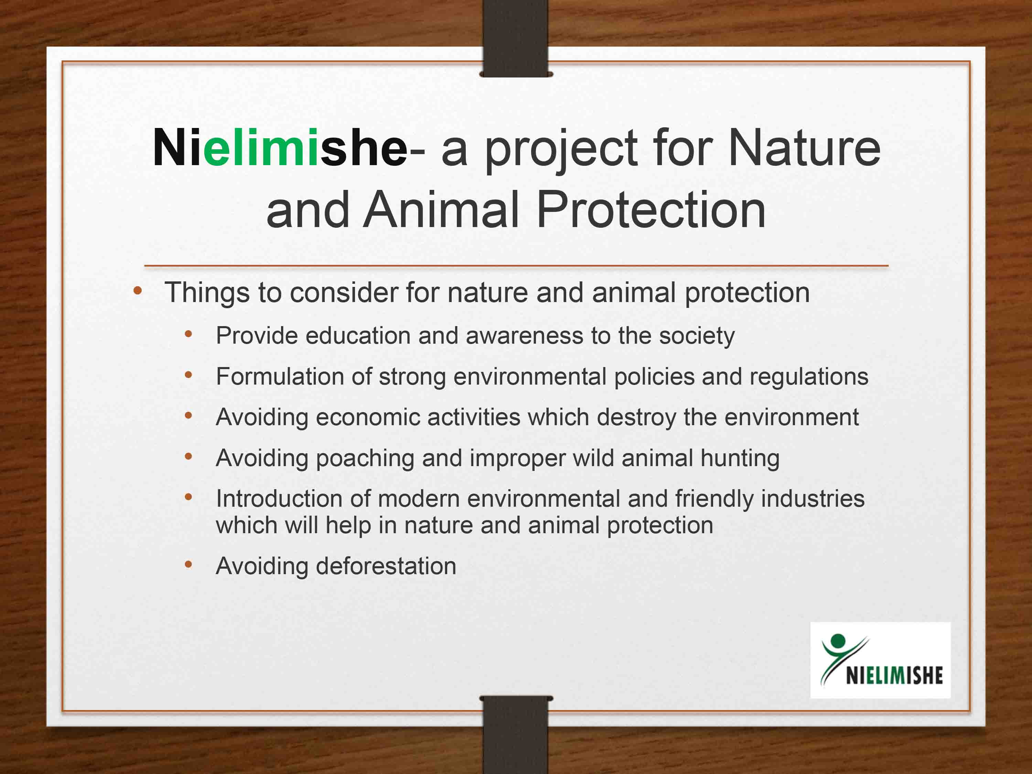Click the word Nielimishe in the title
pyautogui.click(x=280, y=148)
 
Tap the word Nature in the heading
pyautogui.click(x=804, y=148)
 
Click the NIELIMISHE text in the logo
pyautogui.click(x=894, y=675)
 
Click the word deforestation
pyautogui.click(x=386, y=566)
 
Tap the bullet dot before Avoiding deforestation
pyautogui.click(x=189, y=565)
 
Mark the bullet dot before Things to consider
pyautogui.click(x=137, y=291)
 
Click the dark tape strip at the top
pyautogui.click(x=516, y=38)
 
